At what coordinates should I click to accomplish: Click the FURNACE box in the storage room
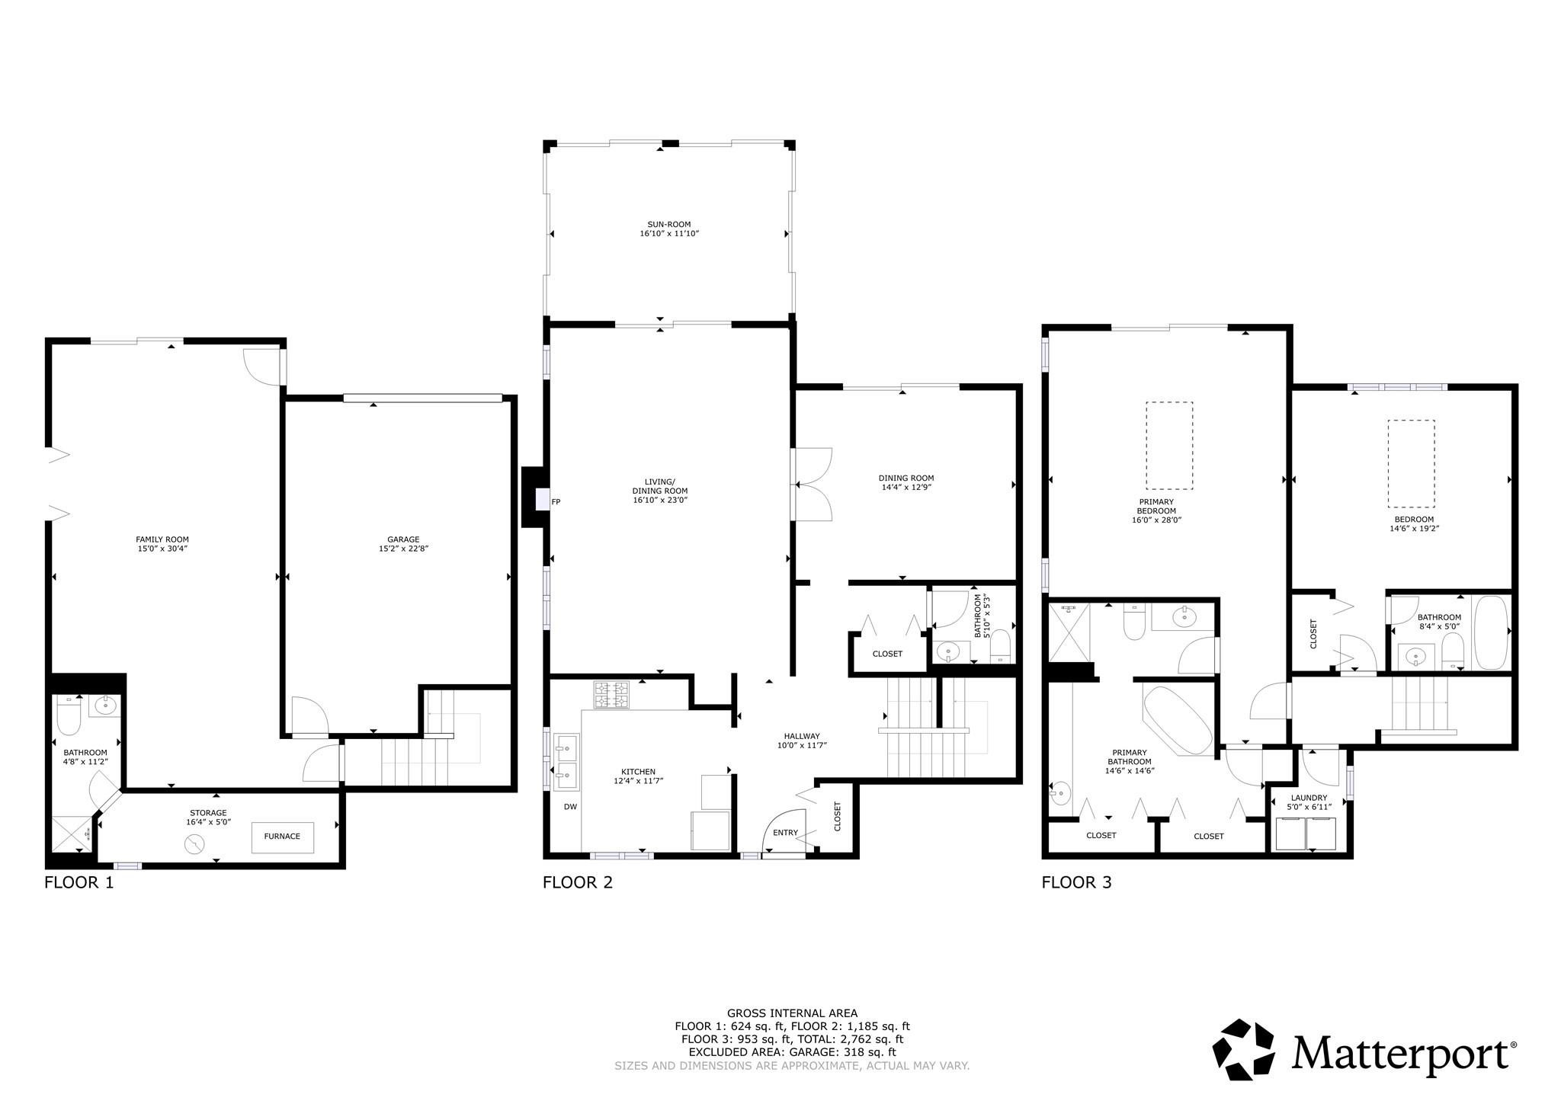coord(282,837)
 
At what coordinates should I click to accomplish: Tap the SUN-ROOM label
coord(668,225)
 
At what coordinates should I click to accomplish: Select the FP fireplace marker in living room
coord(556,501)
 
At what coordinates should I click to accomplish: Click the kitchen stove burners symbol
coord(612,695)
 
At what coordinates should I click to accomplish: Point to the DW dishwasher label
coord(570,806)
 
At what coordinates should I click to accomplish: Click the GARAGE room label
coord(403,539)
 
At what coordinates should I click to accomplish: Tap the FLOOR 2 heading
coord(577,882)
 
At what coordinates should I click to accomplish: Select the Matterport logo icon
coord(1243,1049)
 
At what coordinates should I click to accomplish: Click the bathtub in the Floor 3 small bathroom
coord(1490,632)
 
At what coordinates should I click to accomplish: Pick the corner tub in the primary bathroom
coord(1177,721)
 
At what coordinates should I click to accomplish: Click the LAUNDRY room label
coord(1309,798)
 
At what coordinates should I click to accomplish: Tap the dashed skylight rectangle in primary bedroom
coord(1169,446)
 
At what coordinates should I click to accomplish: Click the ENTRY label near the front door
coord(784,833)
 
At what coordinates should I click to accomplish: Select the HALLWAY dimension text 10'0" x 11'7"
coord(801,745)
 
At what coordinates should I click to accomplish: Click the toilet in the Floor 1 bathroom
coord(69,715)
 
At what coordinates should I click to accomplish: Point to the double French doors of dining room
coord(813,485)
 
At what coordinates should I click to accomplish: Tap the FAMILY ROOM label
coord(162,539)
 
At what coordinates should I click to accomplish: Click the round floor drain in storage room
coord(195,844)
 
